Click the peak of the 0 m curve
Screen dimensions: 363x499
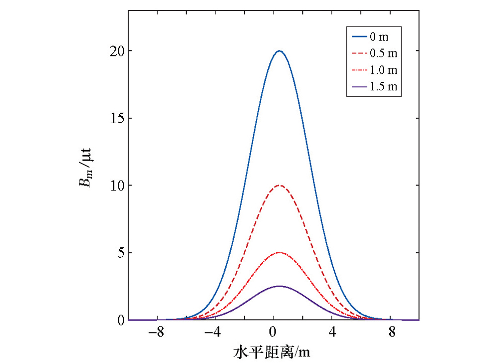coord(279,51)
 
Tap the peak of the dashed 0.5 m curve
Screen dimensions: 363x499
coord(279,185)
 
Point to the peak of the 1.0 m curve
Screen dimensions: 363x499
coord(279,253)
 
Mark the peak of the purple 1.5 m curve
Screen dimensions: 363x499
coord(279,286)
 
